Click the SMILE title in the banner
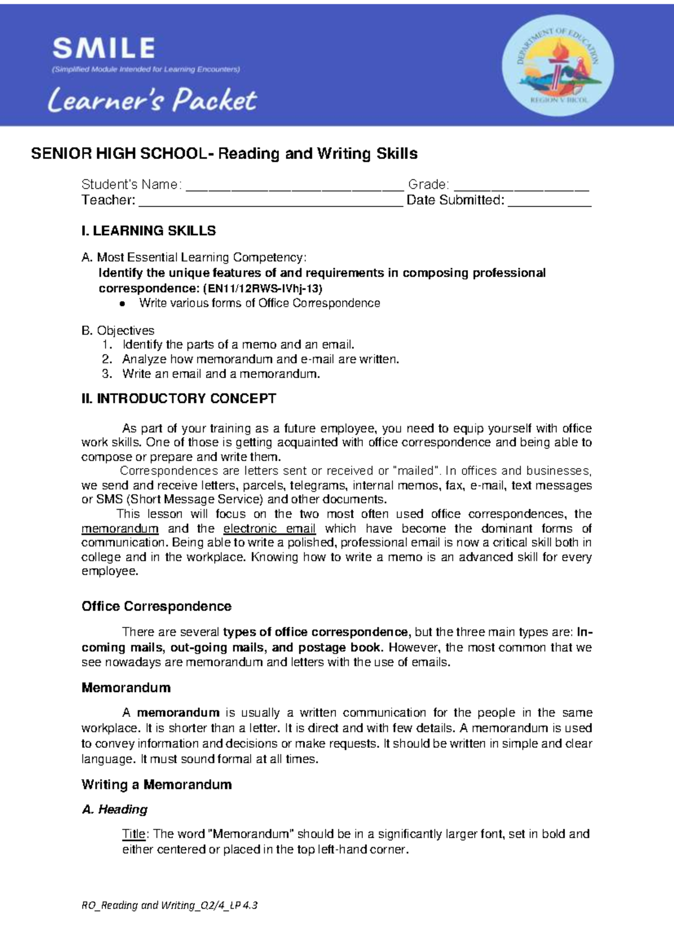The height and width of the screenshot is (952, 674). pos(104,48)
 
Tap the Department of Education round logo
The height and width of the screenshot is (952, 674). pos(557,65)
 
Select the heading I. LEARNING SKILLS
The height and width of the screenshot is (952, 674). pos(148,231)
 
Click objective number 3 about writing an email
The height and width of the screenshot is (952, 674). pos(220,374)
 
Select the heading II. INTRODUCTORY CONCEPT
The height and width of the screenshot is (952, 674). pos(179,399)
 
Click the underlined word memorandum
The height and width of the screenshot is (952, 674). pos(120,529)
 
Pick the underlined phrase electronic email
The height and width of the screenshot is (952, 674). pos(269,529)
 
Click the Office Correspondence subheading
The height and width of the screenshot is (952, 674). pos(156,606)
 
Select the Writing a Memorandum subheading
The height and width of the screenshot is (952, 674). pos(156,785)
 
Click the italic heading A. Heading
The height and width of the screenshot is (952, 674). pos(115,809)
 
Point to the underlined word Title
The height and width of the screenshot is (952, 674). pos(134,834)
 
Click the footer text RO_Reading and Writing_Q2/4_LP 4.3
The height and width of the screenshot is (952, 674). pos(169,905)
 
